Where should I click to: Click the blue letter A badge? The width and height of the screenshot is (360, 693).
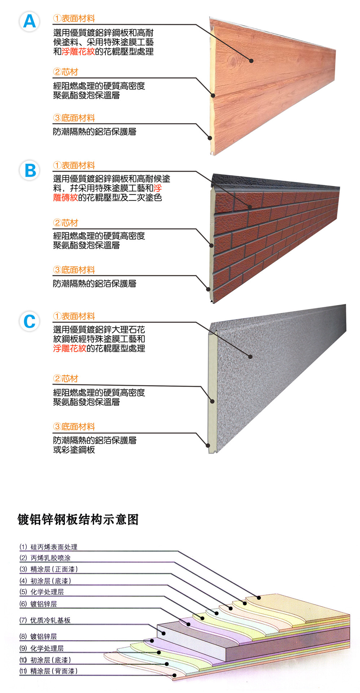[x=29, y=21]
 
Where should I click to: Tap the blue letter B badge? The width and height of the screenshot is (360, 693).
[x=30, y=170]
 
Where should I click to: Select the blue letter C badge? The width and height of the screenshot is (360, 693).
[x=30, y=322]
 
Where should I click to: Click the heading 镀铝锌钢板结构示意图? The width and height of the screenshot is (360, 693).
[x=78, y=519]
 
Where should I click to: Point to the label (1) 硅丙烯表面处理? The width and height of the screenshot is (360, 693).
[x=48, y=547]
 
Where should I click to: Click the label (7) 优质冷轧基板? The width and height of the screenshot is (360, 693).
[x=45, y=620]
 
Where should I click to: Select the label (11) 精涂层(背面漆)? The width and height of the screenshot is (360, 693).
[x=48, y=671]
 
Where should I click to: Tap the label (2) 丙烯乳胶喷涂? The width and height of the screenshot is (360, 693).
[x=45, y=558]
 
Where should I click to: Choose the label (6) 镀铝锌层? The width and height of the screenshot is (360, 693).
[x=38, y=604]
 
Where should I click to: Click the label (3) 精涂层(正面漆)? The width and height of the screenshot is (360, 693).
[x=48, y=569]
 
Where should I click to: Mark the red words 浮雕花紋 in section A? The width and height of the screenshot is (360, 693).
[x=78, y=52]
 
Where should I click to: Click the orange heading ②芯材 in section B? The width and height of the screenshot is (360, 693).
[x=65, y=223]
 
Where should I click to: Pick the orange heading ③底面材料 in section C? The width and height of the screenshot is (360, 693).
[x=74, y=427]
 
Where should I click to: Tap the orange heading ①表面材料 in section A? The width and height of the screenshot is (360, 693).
[x=74, y=18]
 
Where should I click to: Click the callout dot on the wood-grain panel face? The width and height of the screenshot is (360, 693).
[x=251, y=61]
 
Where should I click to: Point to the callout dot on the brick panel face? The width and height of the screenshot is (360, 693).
[x=250, y=207]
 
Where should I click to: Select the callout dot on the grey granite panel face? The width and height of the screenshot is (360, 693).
[x=250, y=357]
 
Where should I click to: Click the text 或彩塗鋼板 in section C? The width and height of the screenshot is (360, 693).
[x=74, y=450]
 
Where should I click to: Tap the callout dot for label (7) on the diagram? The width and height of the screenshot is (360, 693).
[x=163, y=633]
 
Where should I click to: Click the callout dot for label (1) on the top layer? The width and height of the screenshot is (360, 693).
[x=259, y=597]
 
